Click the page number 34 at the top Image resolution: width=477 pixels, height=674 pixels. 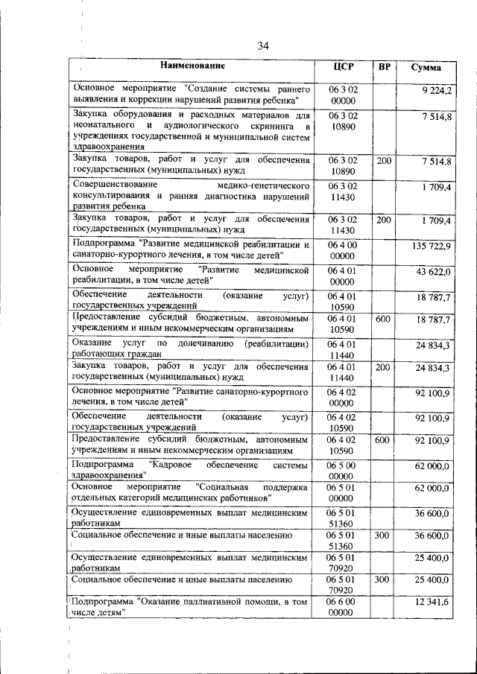tap(263, 46)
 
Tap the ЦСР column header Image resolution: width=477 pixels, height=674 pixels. tap(342, 67)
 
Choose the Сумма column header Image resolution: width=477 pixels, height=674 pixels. tap(426, 68)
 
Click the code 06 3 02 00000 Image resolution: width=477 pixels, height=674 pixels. tap(342, 94)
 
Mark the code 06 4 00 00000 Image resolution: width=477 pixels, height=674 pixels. tap(342, 249)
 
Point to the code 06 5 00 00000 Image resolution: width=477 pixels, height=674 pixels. tap(342, 470)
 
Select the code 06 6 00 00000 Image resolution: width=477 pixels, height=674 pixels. tap(342, 607)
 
